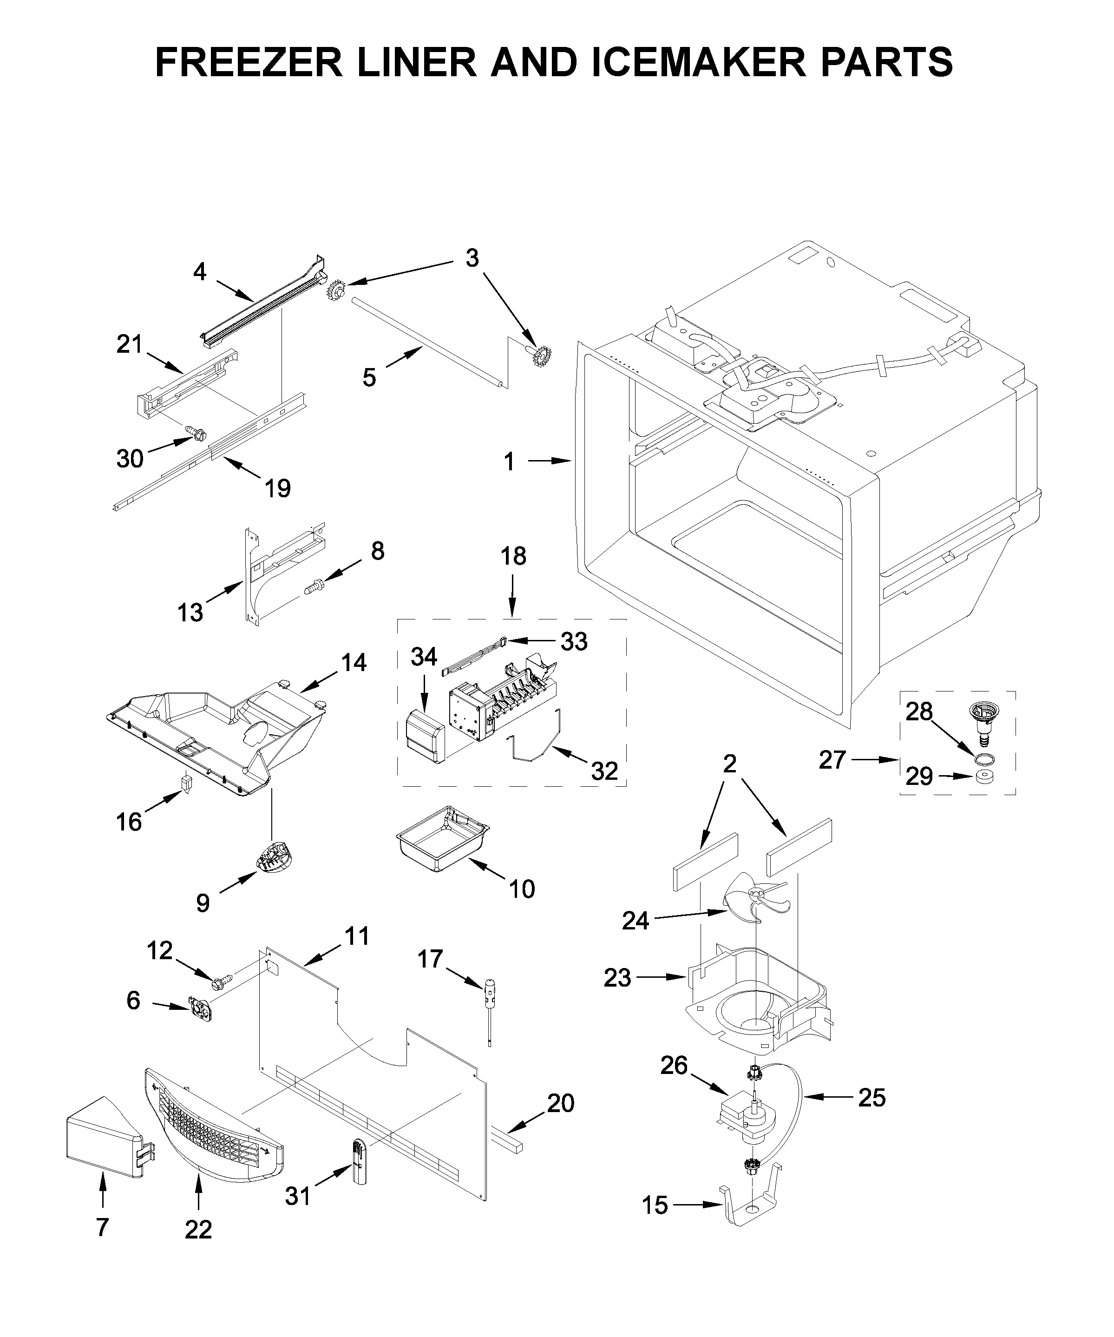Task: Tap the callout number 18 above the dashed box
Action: (x=513, y=556)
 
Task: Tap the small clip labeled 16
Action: (x=186, y=783)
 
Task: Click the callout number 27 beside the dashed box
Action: (x=832, y=759)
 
